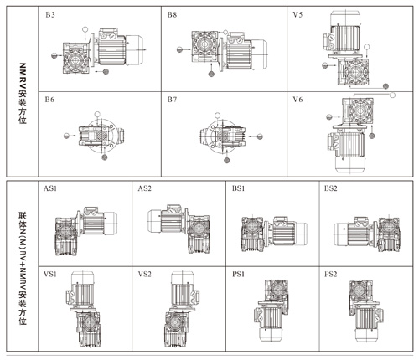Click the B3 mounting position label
[x=50, y=15]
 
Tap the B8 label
[x=172, y=15]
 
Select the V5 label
[x=297, y=15]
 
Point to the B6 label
[x=49, y=100]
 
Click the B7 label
[x=172, y=100]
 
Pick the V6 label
[x=297, y=100]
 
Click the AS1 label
[x=50, y=188]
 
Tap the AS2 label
[x=144, y=188]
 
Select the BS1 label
[x=238, y=188]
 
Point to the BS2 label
[x=330, y=188]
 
